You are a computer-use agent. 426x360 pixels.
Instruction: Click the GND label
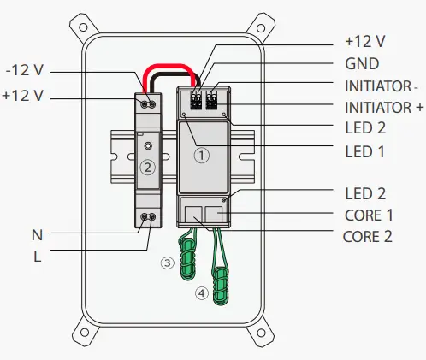[x=362, y=63]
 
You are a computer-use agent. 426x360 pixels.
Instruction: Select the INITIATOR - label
[x=382, y=86]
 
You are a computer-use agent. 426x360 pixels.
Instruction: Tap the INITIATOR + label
[x=384, y=108]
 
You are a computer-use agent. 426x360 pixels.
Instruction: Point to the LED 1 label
[x=364, y=151]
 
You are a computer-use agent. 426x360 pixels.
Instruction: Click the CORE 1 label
[x=369, y=215]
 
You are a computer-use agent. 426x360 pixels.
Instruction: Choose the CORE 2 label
[x=368, y=237]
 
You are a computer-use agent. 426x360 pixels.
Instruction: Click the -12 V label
[x=25, y=70]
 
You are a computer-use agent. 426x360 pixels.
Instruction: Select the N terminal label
[x=37, y=235]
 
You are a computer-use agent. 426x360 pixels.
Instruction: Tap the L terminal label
[x=38, y=257]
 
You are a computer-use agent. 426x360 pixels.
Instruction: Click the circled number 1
[x=202, y=156]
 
